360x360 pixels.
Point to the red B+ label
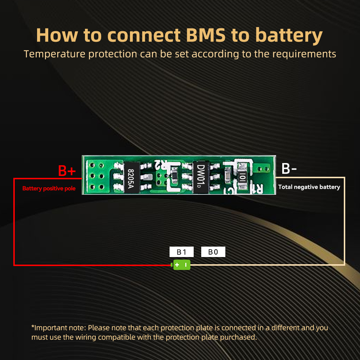point(67,171)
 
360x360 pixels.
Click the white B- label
point(289,168)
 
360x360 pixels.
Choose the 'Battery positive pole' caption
point(49,188)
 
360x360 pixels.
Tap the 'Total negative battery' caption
point(309,187)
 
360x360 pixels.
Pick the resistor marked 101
point(242,177)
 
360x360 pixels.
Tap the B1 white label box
point(181,252)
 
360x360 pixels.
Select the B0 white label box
point(213,252)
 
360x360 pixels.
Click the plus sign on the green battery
point(177,265)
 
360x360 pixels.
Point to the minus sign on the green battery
point(186,265)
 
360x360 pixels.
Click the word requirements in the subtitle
point(305,54)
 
